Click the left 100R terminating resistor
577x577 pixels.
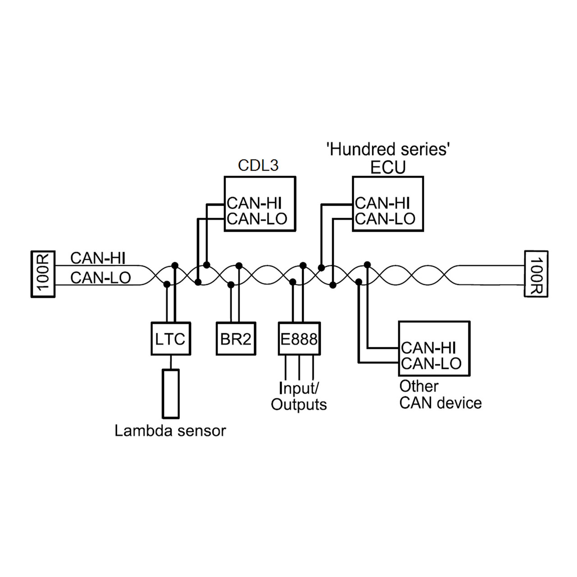pos(43,274)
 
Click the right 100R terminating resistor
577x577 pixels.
pos(536,274)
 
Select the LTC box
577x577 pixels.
pos(171,339)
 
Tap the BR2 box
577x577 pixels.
pos(236,339)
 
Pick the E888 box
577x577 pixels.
pos(299,339)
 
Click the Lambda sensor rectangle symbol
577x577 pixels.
pos(171,394)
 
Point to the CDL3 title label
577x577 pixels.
pos(258,165)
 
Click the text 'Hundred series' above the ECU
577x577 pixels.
pos(388,149)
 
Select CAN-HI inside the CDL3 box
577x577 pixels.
pos(254,203)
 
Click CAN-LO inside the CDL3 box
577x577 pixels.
pos(257,219)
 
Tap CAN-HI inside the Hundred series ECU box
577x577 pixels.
pos(382,203)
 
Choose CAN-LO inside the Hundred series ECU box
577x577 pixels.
pos(385,219)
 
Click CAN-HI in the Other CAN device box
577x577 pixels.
pos(429,348)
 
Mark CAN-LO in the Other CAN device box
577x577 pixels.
pos(431,363)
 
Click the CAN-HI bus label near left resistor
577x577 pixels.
pos(98,258)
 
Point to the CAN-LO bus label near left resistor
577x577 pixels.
pos(101,278)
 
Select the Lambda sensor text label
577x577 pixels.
pos(170,431)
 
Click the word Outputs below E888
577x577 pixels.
pos(299,404)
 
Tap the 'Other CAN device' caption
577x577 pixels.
pos(440,394)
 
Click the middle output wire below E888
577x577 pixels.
pos(299,367)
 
